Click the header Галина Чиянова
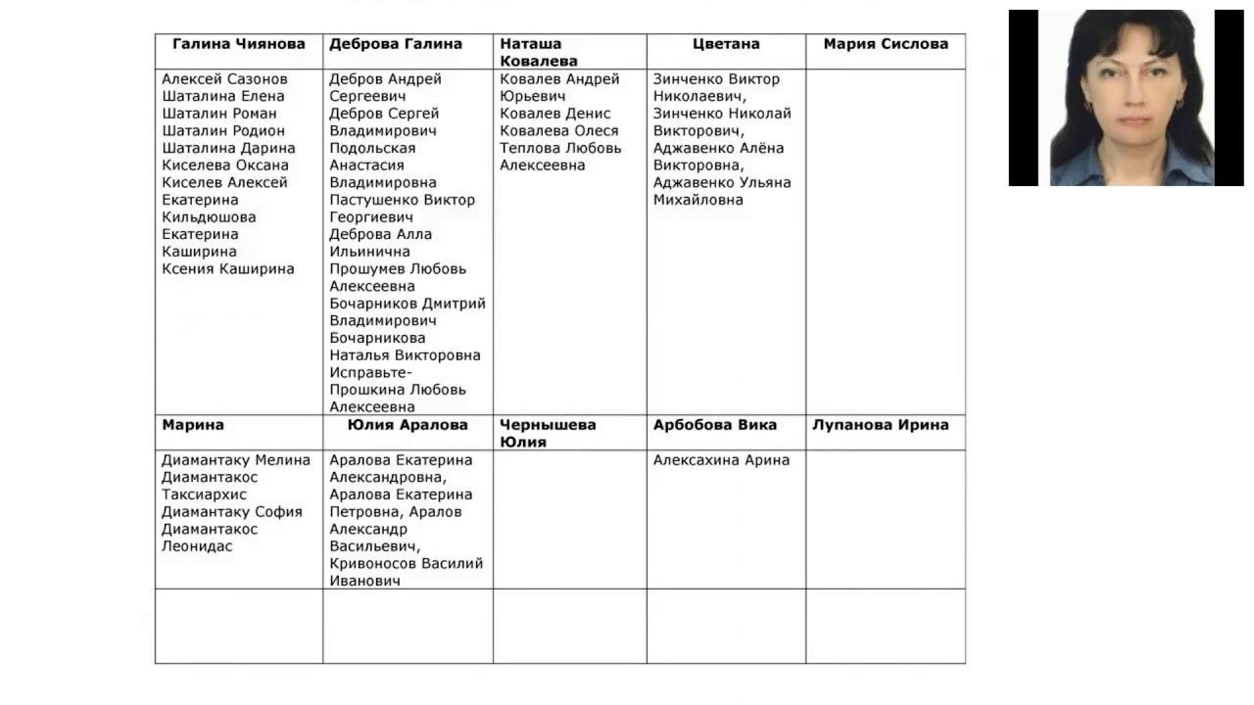click(x=238, y=44)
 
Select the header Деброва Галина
click(x=395, y=44)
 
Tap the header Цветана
click(x=725, y=44)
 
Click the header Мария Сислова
click(x=885, y=44)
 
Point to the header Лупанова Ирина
click(x=880, y=425)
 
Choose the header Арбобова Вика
click(x=714, y=425)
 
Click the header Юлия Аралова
click(x=407, y=425)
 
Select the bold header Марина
click(x=193, y=425)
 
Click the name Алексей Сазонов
click(x=224, y=79)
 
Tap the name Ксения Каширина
click(x=227, y=269)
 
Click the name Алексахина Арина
click(x=721, y=460)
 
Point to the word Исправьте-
click(x=370, y=373)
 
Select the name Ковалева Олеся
click(x=558, y=131)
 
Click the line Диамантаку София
click(x=231, y=512)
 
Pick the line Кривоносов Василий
click(x=406, y=564)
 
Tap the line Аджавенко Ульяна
click(x=721, y=183)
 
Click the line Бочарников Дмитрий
click(x=407, y=304)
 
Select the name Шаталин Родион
click(x=223, y=131)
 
